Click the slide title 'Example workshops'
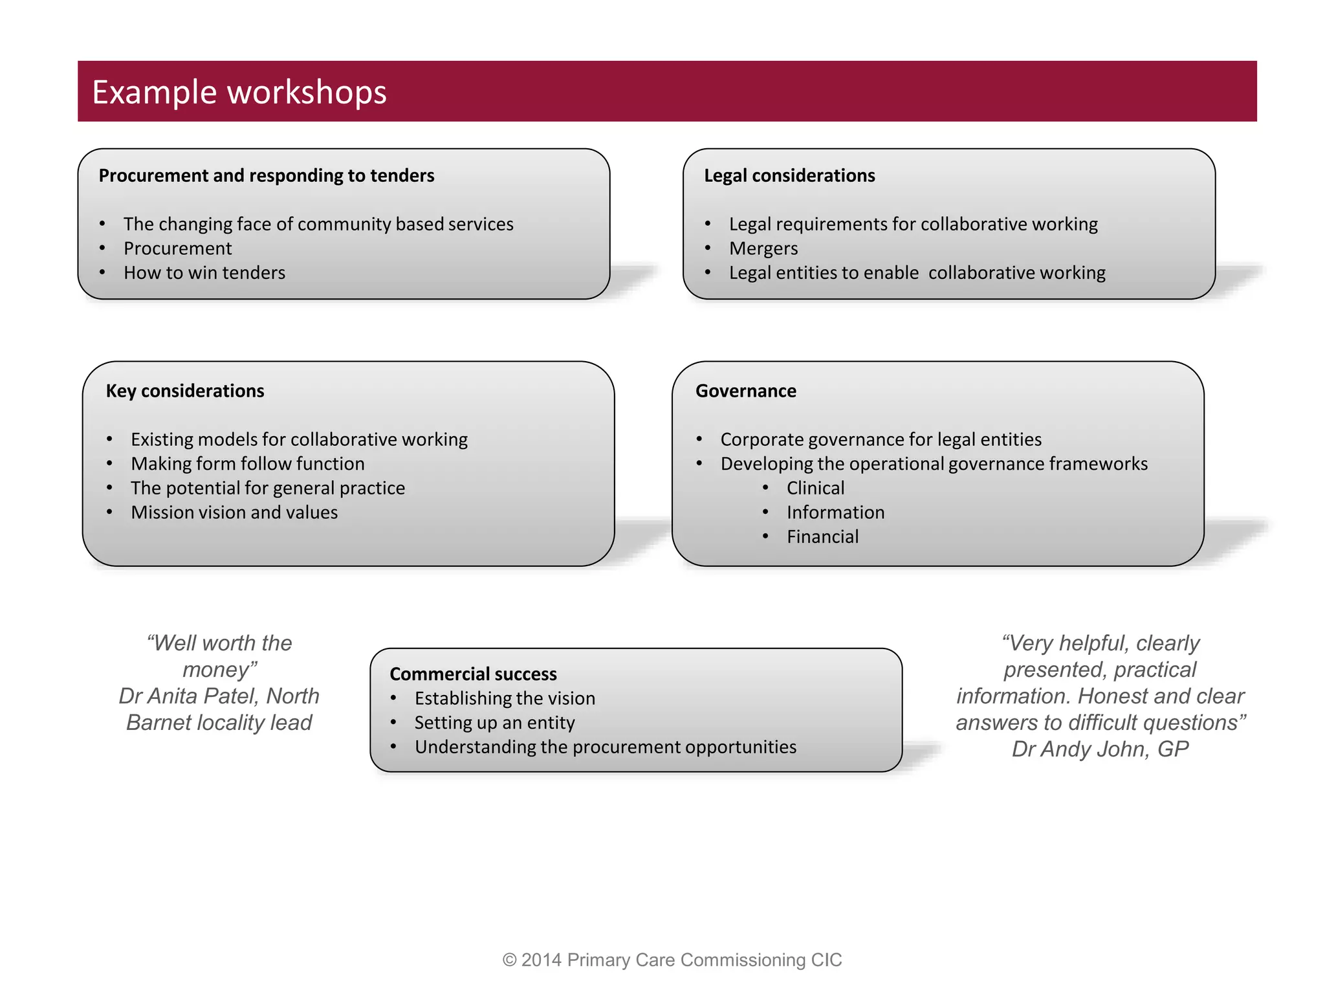239,92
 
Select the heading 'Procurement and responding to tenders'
267,175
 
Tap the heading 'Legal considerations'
789,175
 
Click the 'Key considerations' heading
185,391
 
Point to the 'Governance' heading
745,391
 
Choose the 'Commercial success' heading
473,674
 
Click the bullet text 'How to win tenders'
204,272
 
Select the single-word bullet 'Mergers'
763,248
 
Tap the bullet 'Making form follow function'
248,463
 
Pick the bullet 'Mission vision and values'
234,513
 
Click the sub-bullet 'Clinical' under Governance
815,488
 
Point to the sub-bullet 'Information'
835,513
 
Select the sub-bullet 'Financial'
822,536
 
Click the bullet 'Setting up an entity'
494,722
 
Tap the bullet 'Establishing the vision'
505,698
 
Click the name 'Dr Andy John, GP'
1100,749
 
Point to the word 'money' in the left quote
216,670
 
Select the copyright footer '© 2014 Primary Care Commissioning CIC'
672,960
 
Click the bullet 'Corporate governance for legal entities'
881,439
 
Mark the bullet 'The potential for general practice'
268,488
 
